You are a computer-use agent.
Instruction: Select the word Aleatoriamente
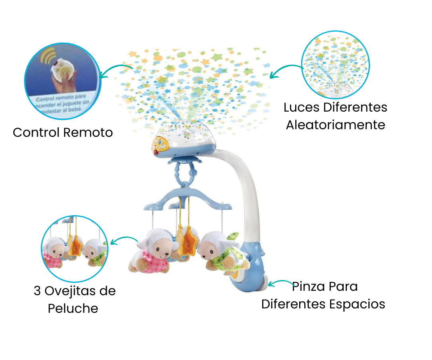335,124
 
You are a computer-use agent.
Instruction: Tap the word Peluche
73,308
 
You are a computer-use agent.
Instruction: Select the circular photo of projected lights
335,65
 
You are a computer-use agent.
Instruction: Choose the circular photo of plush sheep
75,249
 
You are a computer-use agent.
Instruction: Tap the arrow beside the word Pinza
280,284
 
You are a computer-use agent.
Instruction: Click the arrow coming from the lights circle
285,70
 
